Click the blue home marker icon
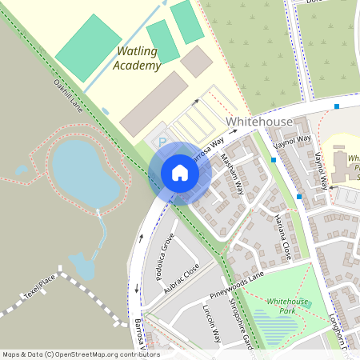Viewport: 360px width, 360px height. coord(180,173)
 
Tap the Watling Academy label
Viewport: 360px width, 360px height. coord(137,58)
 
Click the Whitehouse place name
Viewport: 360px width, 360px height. coord(259,121)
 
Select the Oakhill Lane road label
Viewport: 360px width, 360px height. coord(68,93)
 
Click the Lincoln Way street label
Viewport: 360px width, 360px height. coord(210,323)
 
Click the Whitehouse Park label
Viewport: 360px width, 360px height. coord(287,306)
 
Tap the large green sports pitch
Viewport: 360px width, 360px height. coord(88,47)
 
